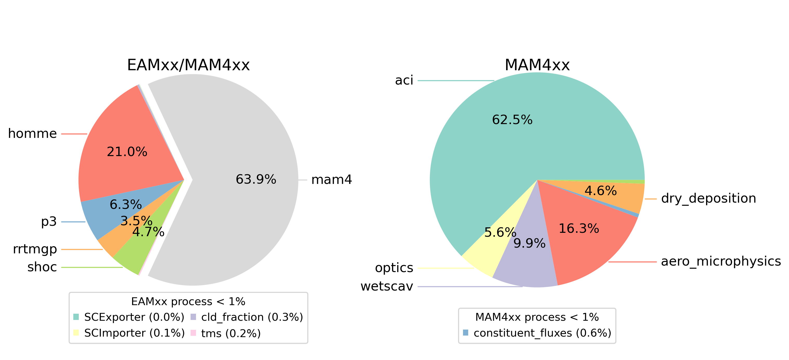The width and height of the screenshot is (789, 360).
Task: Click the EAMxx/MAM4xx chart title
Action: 188,65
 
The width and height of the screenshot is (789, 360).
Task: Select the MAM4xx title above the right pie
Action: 537,65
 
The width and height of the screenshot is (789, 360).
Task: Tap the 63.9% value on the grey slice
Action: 256,179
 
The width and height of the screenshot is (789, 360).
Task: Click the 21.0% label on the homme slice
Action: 127,152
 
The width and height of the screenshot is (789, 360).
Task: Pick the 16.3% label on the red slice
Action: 579,228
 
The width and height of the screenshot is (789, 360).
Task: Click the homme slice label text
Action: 32,134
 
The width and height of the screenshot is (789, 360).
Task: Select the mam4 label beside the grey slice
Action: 332,179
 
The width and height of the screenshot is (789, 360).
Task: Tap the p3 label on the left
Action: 49,222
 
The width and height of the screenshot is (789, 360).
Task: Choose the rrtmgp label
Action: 35,249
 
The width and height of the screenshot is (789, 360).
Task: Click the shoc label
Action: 42,267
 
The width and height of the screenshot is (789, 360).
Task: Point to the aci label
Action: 404,80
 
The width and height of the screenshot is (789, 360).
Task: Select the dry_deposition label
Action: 709,198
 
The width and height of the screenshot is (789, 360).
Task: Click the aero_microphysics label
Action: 721,261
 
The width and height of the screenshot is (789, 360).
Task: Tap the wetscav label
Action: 387,286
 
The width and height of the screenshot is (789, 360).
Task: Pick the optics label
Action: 394,268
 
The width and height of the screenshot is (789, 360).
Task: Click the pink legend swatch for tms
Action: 193,333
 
